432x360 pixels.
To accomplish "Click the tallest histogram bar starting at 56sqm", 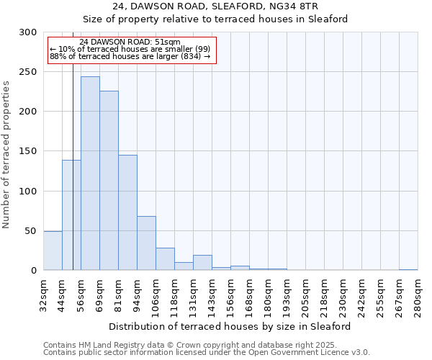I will [x=90, y=174].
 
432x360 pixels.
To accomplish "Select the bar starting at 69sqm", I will [x=109, y=181].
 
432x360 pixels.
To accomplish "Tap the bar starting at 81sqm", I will [x=127, y=212].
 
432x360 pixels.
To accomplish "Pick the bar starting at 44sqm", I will [x=71, y=215].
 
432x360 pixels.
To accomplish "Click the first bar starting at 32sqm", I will [x=53, y=251].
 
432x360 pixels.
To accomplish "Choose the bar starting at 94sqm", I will [x=146, y=243].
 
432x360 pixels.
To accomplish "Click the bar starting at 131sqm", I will [x=202, y=263].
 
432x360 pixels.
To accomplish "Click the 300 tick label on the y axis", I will [x=28, y=32].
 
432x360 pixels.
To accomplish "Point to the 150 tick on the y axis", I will [x=28, y=151].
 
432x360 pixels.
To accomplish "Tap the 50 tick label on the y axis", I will [x=31, y=231].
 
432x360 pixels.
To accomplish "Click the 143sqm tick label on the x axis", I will [x=212, y=295].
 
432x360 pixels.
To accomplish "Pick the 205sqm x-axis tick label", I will [x=305, y=295].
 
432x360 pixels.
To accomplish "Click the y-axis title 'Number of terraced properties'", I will [x=6, y=155].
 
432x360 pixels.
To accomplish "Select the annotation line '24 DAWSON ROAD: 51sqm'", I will [x=130, y=42].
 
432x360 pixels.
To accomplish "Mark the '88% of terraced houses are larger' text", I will [x=130, y=56].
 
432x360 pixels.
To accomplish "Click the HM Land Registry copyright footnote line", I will [x=205, y=345].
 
